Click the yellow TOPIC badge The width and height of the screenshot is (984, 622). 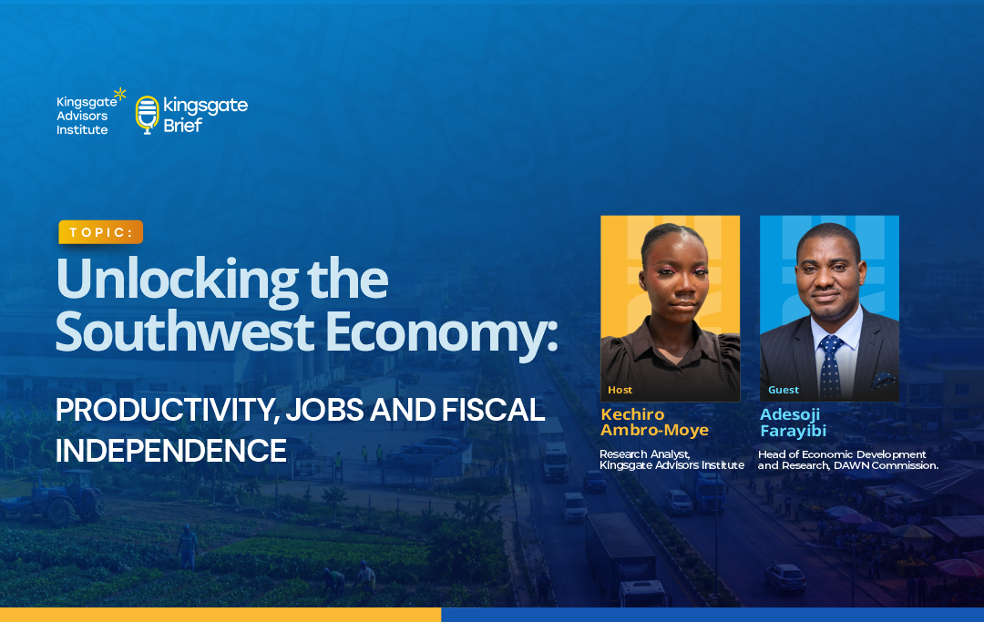(x=100, y=232)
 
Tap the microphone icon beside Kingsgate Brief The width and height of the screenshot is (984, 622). (x=148, y=115)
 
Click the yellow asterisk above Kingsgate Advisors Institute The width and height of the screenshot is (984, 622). (x=120, y=94)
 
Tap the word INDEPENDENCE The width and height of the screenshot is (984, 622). (x=170, y=451)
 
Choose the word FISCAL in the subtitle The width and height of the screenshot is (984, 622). (x=493, y=410)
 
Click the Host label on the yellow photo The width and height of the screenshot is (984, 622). (x=620, y=390)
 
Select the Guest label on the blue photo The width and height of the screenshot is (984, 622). (x=784, y=390)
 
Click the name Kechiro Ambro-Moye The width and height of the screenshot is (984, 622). (x=654, y=422)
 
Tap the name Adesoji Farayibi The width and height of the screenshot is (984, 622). (x=793, y=422)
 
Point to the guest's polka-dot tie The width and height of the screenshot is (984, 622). (x=830, y=367)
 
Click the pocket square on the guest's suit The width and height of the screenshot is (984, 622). (x=884, y=380)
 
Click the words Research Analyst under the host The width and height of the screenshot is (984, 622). (x=645, y=454)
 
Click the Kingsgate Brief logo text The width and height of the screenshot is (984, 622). (x=205, y=115)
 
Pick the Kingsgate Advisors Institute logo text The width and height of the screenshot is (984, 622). (x=87, y=116)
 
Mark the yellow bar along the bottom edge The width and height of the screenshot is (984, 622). (x=220, y=615)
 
